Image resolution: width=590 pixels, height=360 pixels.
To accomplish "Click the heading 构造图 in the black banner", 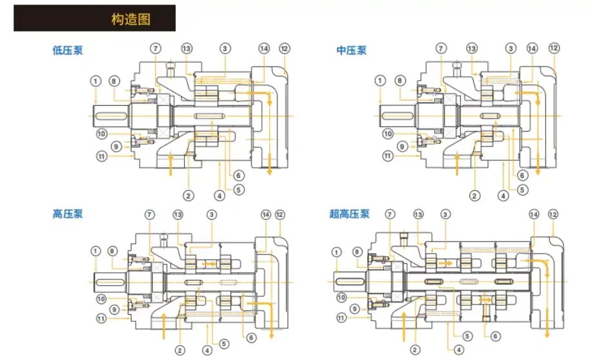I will [x=130, y=19].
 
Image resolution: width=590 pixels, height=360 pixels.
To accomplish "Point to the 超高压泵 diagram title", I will [x=349, y=214].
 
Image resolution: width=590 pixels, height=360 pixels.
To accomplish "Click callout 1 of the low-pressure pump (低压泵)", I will [x=96, y=81].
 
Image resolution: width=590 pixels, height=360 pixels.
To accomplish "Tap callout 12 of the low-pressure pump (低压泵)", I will [x=285, y=48].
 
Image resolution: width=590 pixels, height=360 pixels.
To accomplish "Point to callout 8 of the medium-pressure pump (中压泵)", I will [x=400, y=81].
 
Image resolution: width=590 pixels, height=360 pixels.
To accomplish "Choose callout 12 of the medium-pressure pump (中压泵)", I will [x=554, y=48].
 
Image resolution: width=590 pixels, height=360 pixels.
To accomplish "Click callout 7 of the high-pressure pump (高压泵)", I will [x=150, y=214].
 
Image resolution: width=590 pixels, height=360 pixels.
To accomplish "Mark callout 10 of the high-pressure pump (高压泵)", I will [x=101, y=299].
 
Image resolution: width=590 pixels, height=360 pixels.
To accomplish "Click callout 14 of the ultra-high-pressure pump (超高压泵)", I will [x=534, y=214].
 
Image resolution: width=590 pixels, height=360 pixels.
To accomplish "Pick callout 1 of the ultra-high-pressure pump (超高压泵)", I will [x=336, y=252].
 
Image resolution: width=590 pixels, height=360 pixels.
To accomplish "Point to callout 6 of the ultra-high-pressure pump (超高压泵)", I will [x=495, y=336].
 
